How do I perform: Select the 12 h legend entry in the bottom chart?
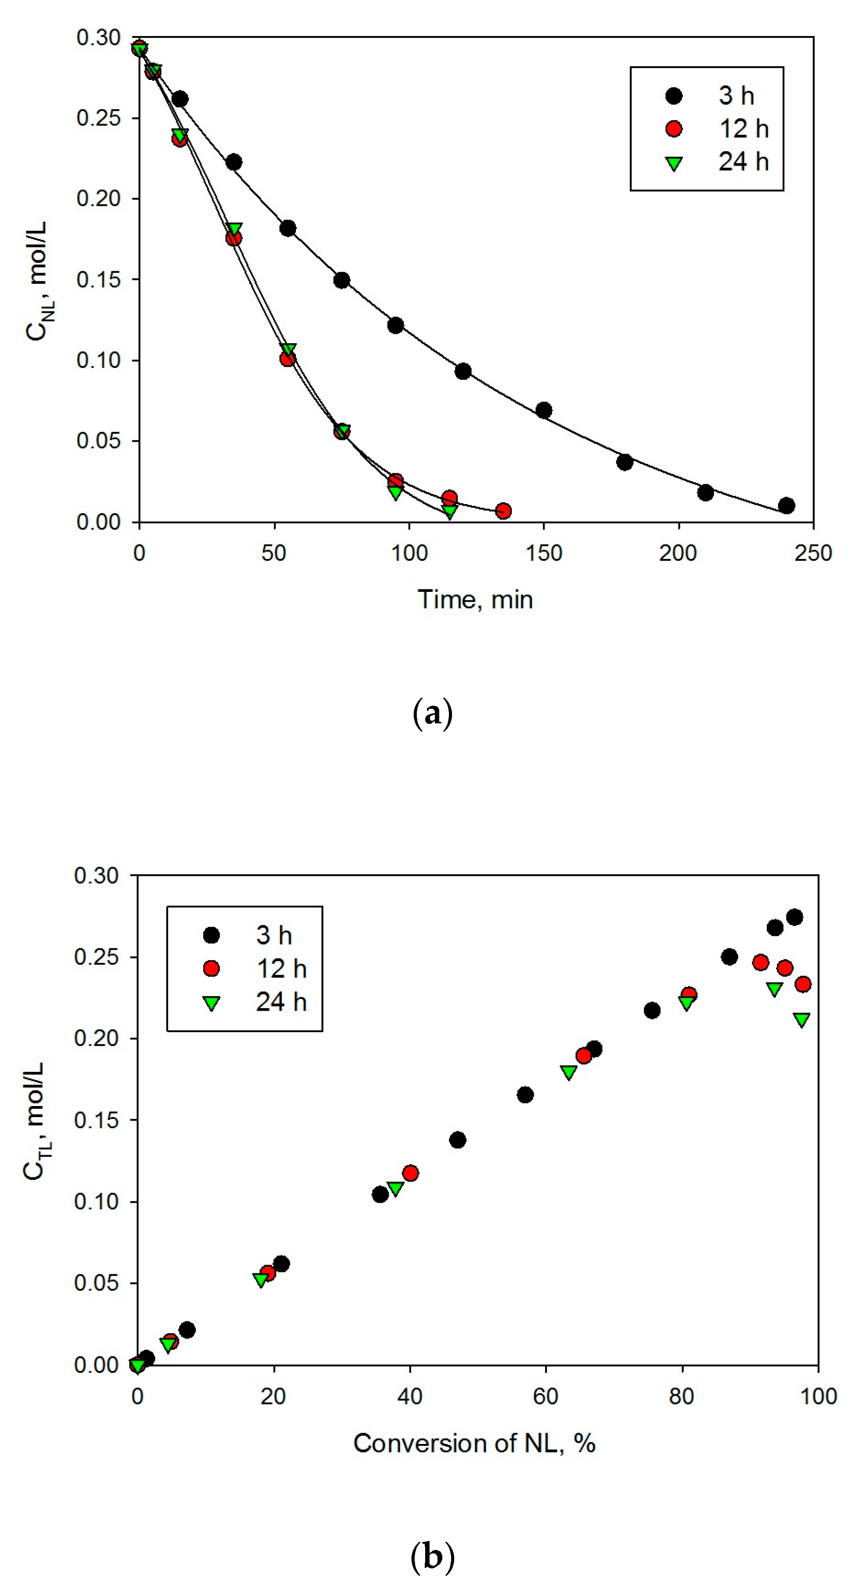(x=255, y=969)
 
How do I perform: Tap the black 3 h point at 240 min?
(x=787, y=505)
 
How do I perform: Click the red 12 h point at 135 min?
(x=503, y=511)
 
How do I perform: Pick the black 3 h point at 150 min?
(x=544, y=410)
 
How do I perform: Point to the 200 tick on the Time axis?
(x=678, y=553)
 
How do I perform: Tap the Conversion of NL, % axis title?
(x=474, y=1443)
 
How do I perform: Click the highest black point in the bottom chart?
(x=794, y=917)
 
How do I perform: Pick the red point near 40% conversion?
(x=410, y=1173)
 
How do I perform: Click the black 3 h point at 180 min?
(x=625, y=462)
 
